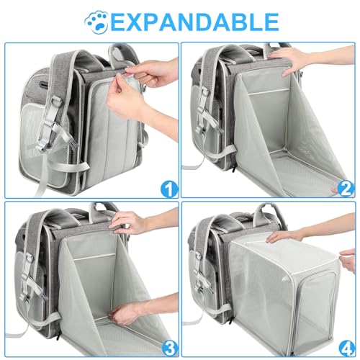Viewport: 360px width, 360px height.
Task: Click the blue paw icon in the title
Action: point(94,20)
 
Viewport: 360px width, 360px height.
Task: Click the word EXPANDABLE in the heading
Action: point(192,20)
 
